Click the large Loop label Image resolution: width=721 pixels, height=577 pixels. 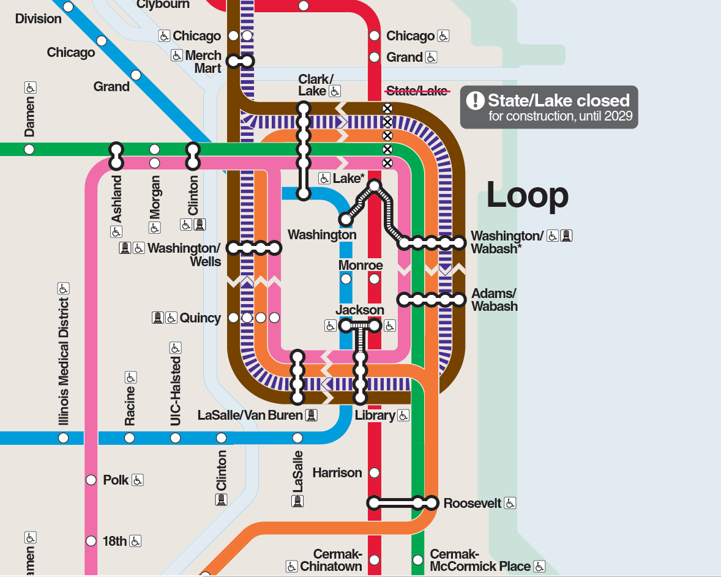pos(527,196)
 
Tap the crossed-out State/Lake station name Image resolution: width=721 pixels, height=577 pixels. pos(416,91)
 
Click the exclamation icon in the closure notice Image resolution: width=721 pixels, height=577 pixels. pos(475,100)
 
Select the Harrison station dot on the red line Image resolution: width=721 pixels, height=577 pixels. pos(375,472)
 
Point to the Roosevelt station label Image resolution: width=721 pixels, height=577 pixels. pos(473,504)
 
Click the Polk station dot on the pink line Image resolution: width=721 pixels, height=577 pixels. pos(91,480)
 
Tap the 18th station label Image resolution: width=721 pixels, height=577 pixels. pos(114,541)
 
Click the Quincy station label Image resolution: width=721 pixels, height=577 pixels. pos(200,318)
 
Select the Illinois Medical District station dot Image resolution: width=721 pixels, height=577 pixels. pos(63,438)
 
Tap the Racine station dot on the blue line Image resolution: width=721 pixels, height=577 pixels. pos(129,438)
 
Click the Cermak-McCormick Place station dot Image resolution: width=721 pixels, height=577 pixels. pos(418,560)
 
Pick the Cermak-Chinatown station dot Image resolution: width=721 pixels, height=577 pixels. pos(375,560)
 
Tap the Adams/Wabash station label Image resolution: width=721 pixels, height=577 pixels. pos(494,300)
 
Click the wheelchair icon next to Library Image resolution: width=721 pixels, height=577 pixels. pos(403,415)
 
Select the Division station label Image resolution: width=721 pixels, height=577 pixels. pos(39,19)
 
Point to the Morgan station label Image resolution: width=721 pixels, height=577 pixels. pos(155,196)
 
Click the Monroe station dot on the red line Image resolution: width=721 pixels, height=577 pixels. pos(375,279)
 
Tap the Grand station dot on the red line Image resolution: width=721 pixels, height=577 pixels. pos(375,58)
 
